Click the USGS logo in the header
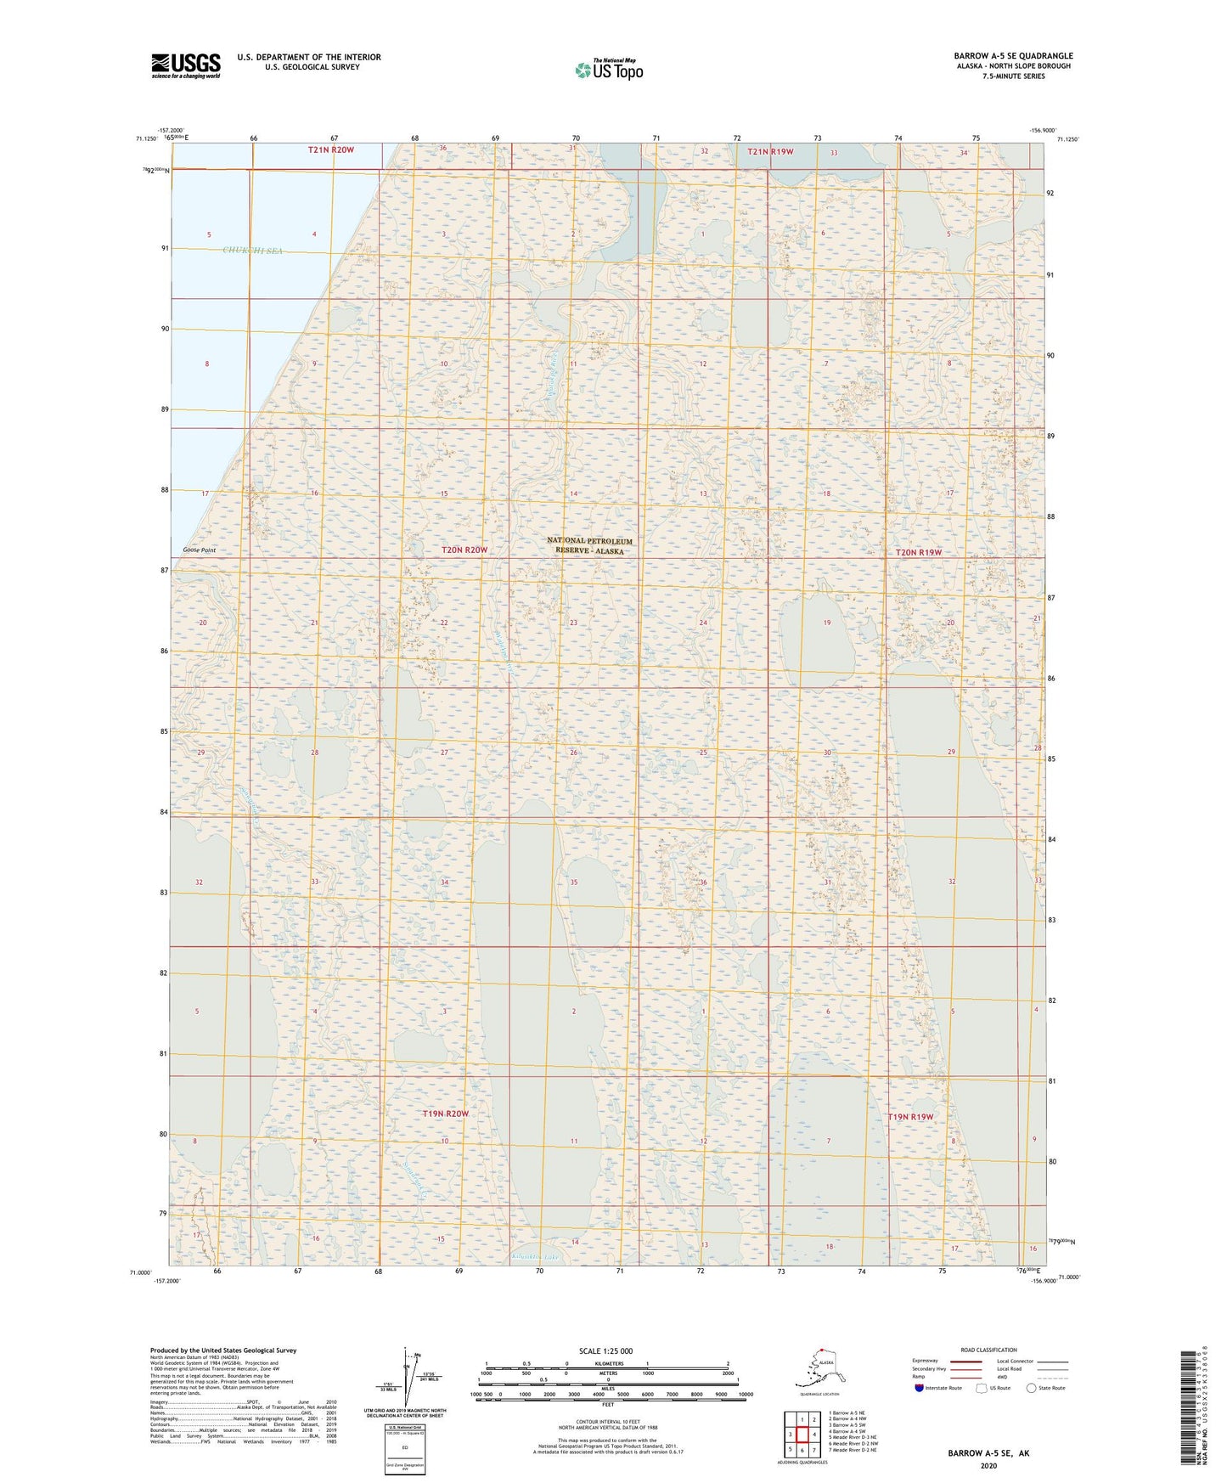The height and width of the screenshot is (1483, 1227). click(185, 65)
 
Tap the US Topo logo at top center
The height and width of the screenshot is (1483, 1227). click(608, 69)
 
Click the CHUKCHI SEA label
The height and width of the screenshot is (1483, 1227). click(252, 251)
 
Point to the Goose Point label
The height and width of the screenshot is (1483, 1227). click(199, 550)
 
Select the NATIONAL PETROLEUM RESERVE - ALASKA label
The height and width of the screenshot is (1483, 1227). click(590, 546)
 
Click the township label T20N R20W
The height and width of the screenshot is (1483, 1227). click(464, 550)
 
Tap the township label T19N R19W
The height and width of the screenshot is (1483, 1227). click(910, 1117)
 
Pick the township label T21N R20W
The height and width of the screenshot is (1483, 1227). click(330, 149)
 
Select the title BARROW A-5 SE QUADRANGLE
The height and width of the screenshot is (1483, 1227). click(1012, 56)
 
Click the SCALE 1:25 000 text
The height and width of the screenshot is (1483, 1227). click(605, 1351)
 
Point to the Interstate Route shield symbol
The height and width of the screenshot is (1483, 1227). click(919, 1388)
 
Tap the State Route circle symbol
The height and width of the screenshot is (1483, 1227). click(1032, 1388)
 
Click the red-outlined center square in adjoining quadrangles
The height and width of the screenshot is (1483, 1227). click(802, 1435)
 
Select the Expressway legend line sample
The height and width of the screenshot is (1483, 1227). click(963, 1361)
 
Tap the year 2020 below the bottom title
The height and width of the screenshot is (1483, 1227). click(988, 1466)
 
